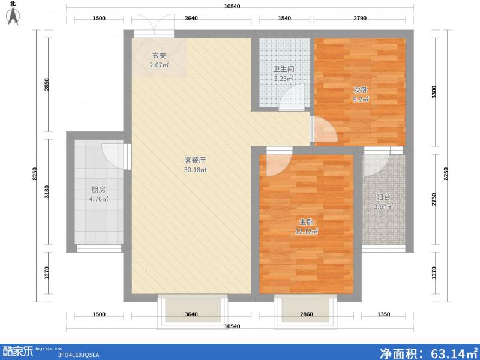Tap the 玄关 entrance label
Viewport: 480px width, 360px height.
[x=158, y=55]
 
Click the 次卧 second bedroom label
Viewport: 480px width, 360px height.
[x=360, y=89]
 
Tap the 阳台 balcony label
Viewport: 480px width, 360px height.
[x=383, y=197]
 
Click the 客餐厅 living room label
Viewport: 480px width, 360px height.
[x=195, y=160]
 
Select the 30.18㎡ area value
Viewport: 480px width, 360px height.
[x=195, y=170]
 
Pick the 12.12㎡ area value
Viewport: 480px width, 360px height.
[x=306, y=231]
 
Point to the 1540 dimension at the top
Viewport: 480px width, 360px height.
[x=284, y=19]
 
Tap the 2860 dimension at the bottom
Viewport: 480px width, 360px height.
[x=306, y=314]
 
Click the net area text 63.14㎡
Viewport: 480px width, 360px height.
[x=427, y=352]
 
